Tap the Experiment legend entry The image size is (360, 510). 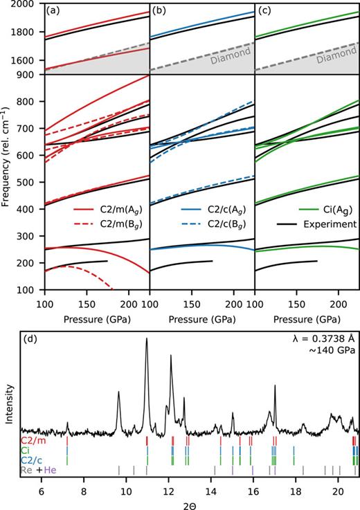(x=329, y=243)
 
